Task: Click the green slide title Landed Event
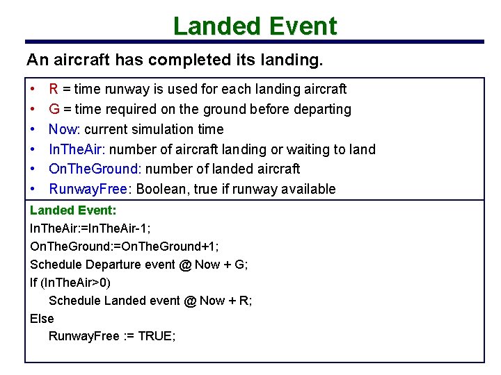pyautogui.click(x=255, y=26)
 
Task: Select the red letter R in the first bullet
pyautogui.click(x=53, y=89)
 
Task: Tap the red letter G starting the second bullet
pyautogui.click(x=54, y=109)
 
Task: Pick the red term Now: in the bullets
pyautogui.click(x=64, y=129)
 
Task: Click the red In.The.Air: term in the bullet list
pyautogui.click(x=77, y=149)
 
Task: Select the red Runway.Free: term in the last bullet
pyautogui.click(x=92, y=189)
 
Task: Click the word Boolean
pyautogui.click(x=162, y=189)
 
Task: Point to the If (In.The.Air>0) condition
pyautogui.click(x=70, y=282)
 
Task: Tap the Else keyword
pyautogui.click(x=42, y=318)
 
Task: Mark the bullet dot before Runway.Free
pyautogui.click(x=33, y=189)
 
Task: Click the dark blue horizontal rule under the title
pyautogui.click(x=255, y=42)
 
